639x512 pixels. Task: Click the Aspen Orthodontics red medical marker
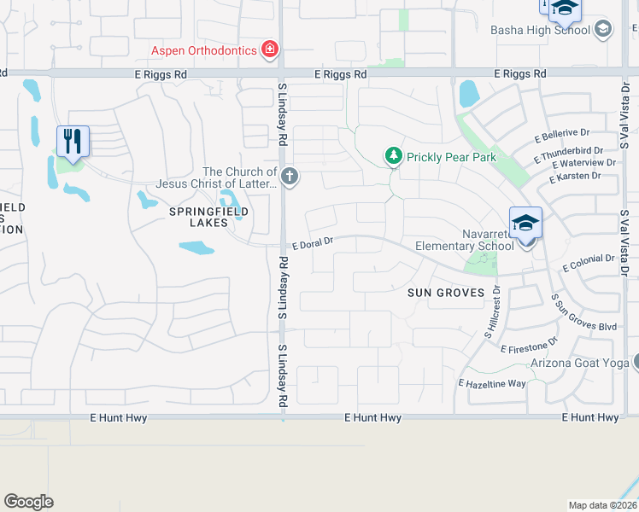[x=270, y=49]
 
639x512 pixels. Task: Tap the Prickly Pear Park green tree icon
[x=393, y=156]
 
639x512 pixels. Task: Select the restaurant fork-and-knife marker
[x=73, y=141]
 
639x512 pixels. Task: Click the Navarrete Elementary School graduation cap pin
[x=525, y=224]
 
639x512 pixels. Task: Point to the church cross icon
[x=290, y=177]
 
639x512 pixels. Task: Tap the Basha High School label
[x=540, y=30]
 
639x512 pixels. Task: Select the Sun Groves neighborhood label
[x=445, y=293]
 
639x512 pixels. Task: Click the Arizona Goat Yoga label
[x=579, y=363]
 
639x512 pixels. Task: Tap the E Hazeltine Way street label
[x=492, y=384]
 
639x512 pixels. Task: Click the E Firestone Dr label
[x=529, y=346]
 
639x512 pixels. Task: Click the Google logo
[x=28, y=502]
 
